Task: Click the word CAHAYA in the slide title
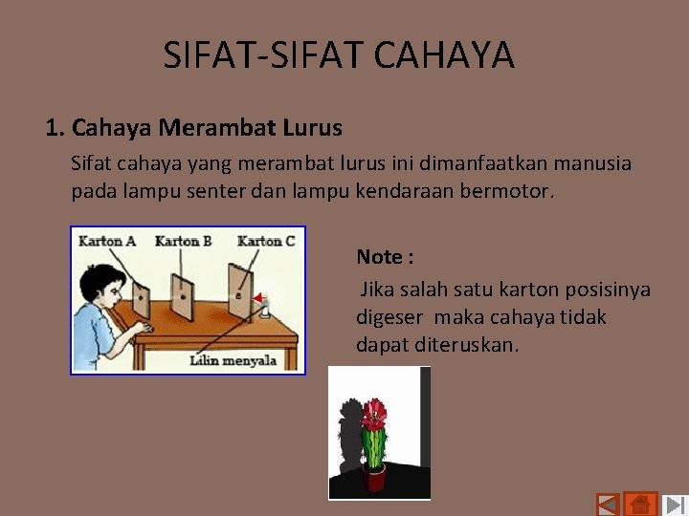[444, 55]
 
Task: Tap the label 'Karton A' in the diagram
[106, 241]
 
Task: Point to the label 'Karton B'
[183, 241]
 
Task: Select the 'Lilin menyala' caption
[233, 360]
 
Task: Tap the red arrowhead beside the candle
[256, 298]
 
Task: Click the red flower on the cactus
[374, 413]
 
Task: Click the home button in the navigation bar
[640, 504]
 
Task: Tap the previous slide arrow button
[607, 505]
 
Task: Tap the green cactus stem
[375, 443]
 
